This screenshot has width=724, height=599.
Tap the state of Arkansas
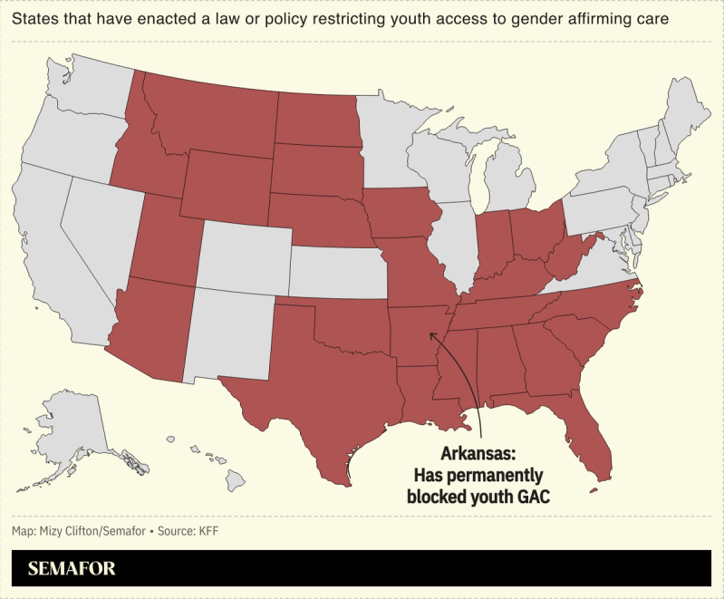tap(414, 331)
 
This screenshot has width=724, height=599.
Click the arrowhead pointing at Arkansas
tap(433, 336)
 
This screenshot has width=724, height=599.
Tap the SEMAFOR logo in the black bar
tap(72, 569)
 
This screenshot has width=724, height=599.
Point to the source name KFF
tap(208, 530)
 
